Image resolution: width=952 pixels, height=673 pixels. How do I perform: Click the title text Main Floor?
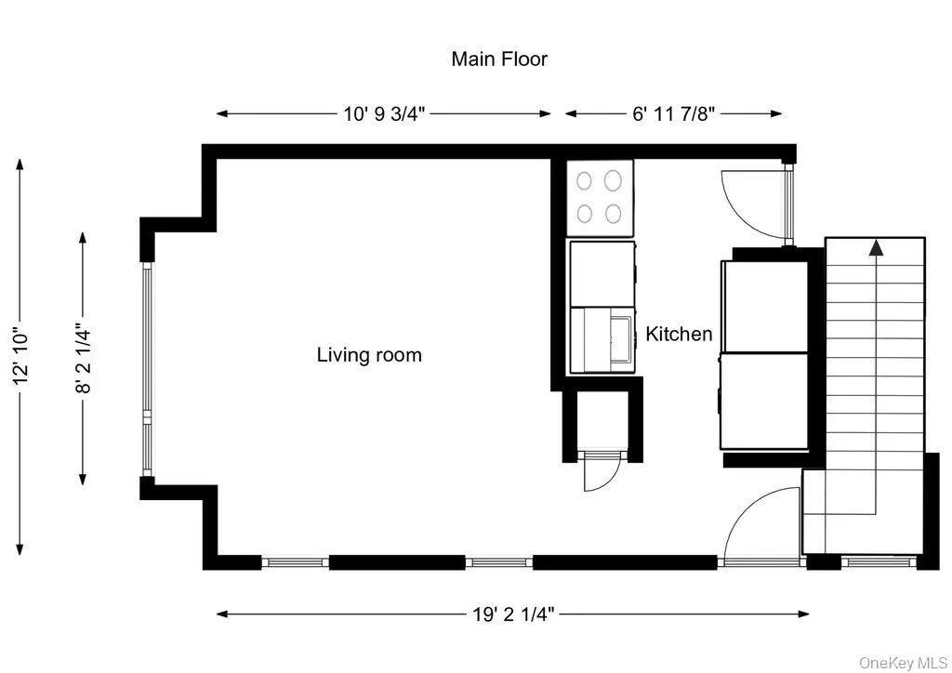[x=499, y=59]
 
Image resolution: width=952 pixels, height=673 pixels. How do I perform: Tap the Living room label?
[x=369, y=355]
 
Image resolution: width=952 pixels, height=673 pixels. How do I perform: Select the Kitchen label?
[x=679, y=335]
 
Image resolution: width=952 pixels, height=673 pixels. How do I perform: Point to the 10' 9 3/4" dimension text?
[x=384, y=114]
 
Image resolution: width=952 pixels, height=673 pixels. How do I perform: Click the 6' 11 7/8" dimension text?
[x=674, y=114]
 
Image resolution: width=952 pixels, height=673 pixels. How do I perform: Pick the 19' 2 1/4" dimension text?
[x=513, y=614]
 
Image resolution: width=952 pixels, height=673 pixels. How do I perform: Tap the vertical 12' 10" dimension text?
[x=21, y=356]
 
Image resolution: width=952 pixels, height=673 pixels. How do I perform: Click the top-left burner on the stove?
[x=585, y=180]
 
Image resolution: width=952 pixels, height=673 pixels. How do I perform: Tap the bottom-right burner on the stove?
[x=613, y=214]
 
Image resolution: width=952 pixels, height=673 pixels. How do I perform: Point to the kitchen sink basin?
[x=620, y=340]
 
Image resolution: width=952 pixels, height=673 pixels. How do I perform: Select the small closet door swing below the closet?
[x=595, y=475]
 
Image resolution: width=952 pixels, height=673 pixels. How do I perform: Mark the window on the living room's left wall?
[x=146, y=356]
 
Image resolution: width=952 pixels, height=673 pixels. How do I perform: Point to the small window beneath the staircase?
[x=879, y=561]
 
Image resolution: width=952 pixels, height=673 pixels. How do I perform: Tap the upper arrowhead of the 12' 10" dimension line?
[x=20, y=164]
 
